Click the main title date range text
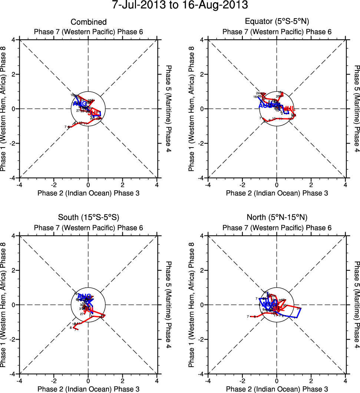coord(180,6)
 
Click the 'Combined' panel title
coord(89,22)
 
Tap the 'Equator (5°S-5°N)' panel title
coord(277,22)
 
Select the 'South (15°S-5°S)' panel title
coord(89,217)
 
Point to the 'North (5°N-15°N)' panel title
coord(277,217)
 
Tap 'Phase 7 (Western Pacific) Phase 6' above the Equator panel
coord(277,32)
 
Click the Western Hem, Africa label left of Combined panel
coord(4,109)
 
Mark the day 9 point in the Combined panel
coord(75,123)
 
